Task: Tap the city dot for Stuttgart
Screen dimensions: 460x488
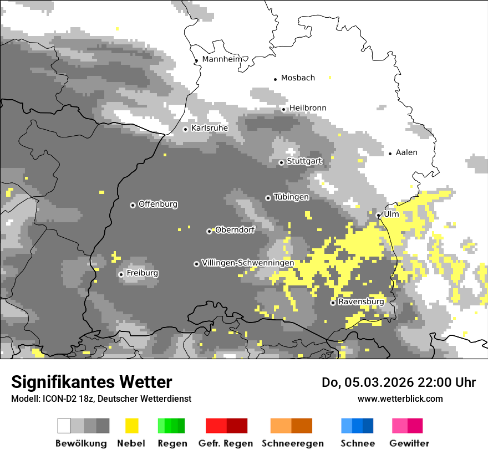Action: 281,162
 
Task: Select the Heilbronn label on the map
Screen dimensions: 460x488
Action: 308,108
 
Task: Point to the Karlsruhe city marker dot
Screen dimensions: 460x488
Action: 186,129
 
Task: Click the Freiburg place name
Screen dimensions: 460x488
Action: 142,273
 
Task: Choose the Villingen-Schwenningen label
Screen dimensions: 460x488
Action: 248,263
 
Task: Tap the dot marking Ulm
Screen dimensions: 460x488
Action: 378,215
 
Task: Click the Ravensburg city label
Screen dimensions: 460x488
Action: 361,302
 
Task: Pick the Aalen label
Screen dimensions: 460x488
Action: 406,152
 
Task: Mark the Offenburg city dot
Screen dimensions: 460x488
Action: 133,205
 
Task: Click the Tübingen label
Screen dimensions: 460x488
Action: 291,197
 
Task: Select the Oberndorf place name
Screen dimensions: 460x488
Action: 235,230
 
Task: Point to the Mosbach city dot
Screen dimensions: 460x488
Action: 275,79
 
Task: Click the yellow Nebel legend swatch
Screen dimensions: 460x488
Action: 131,426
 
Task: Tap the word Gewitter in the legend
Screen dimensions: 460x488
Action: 409,443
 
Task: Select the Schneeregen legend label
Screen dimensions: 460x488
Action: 292,443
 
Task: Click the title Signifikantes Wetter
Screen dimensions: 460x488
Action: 91,382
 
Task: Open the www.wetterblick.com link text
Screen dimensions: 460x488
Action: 400,398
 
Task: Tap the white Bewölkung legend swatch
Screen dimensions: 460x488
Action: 64,426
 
